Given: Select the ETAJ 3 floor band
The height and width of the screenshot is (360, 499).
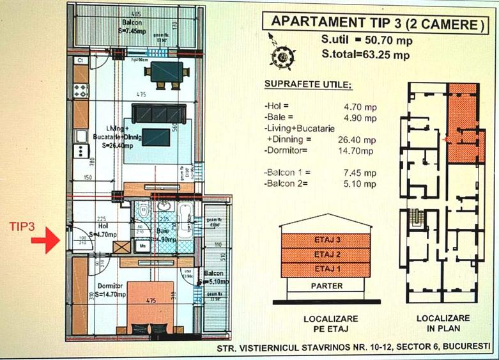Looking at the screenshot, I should tap(325, 241).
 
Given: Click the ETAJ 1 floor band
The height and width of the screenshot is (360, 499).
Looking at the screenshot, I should tap(325, 269).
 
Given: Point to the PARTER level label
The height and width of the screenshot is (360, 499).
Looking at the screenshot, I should tap(325, 285).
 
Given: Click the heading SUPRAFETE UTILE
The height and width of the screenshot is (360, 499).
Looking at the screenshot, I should tap(307, 85).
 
